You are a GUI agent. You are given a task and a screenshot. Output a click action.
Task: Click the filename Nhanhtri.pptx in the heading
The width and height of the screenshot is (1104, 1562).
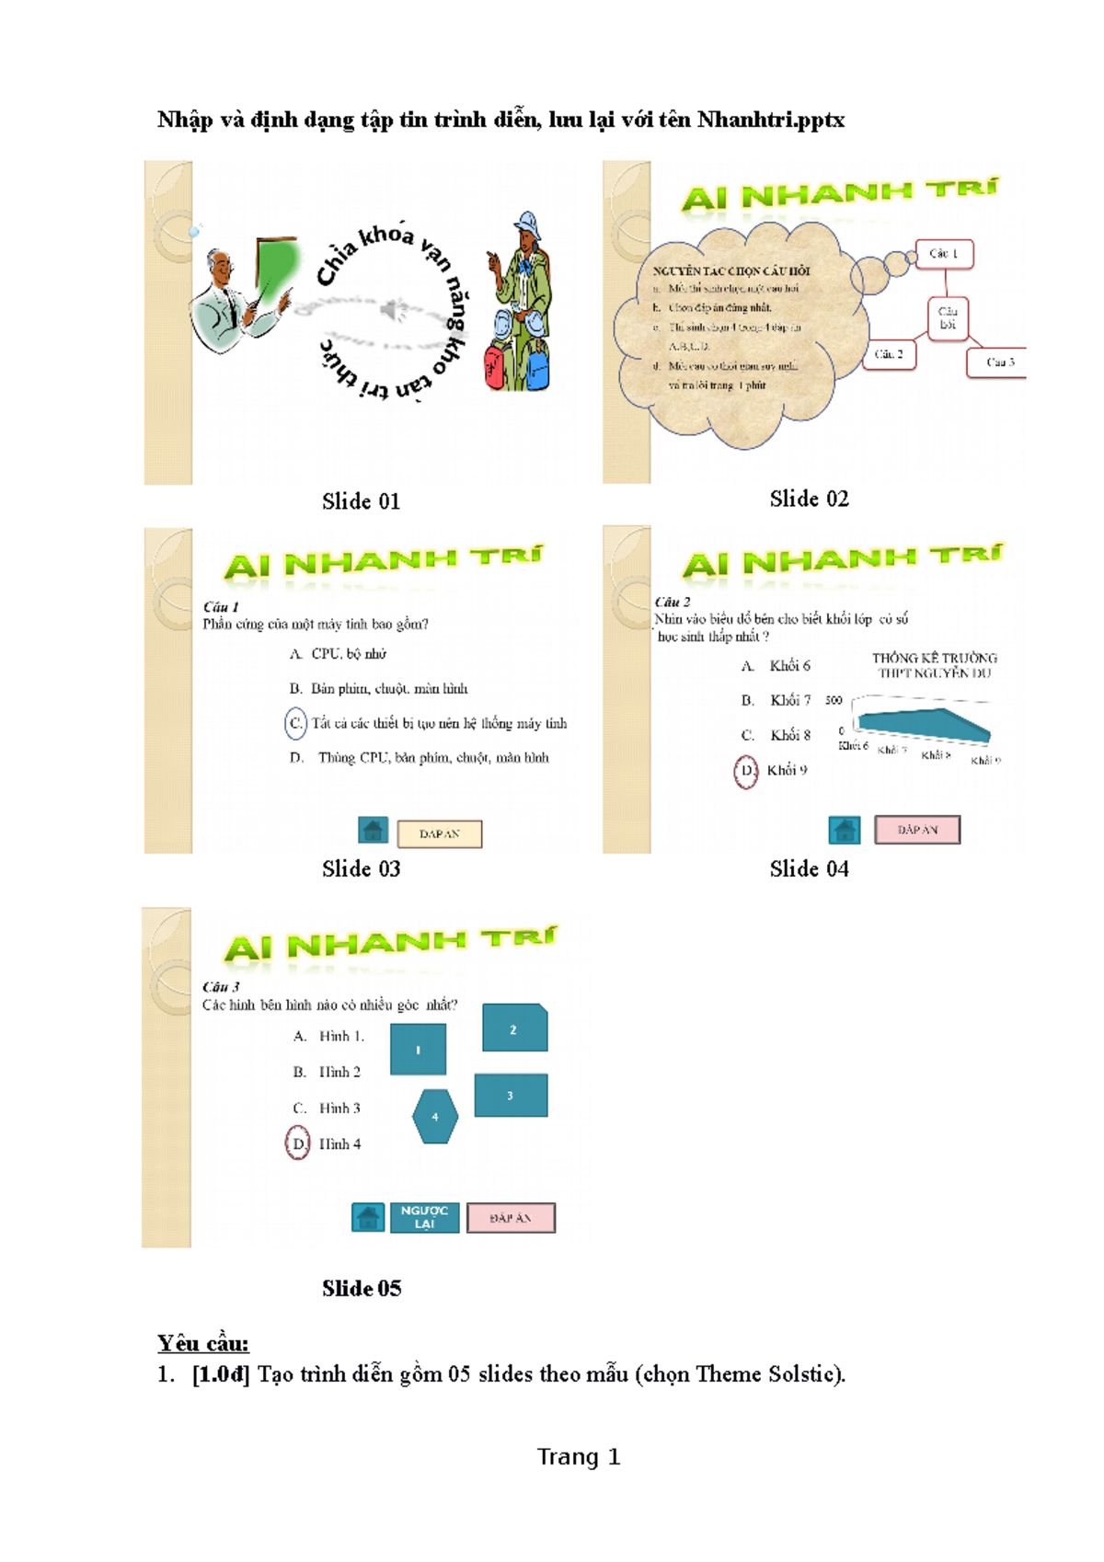click(770, 120)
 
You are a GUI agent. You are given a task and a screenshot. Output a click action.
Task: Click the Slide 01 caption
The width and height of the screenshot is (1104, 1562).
click(361, 501)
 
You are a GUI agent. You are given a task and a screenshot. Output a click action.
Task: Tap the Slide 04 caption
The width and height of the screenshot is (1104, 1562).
click(809, 868)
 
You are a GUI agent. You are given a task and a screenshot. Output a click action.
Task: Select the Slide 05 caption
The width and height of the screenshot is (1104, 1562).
click(362, 1288)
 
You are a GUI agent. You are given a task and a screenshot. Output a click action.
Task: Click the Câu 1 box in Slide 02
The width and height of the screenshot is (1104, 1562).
click(944, 254)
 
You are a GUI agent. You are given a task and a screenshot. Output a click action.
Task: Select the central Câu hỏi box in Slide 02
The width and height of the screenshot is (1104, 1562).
click(948, 318)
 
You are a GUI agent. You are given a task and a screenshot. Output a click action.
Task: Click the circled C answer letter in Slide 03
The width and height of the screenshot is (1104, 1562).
click(295, 723)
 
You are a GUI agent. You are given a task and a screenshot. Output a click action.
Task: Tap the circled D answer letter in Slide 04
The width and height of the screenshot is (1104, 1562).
click(746, 771)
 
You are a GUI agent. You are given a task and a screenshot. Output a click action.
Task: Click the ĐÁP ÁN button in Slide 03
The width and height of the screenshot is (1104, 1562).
click(439, 833)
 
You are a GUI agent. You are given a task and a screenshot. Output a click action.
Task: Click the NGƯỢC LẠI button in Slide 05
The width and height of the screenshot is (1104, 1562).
click(424, 1217)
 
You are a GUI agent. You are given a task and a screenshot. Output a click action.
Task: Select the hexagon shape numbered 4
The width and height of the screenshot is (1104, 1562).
click(435, 1117)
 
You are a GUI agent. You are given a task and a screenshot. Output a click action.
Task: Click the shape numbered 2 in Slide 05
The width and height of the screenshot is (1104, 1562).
click(514, 1028)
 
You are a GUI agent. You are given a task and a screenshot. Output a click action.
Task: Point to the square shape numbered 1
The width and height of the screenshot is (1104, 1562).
click(418, 1050)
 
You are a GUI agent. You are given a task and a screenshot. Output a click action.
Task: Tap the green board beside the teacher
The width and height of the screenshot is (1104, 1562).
click(278, 263)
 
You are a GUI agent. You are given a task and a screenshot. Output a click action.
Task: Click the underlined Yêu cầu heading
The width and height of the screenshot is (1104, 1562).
click(202, 1343)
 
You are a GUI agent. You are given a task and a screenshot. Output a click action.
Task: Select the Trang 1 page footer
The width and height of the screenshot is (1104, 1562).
click(579, 1457)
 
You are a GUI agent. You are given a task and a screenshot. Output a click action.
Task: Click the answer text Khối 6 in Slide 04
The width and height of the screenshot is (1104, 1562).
click(789, 665)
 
